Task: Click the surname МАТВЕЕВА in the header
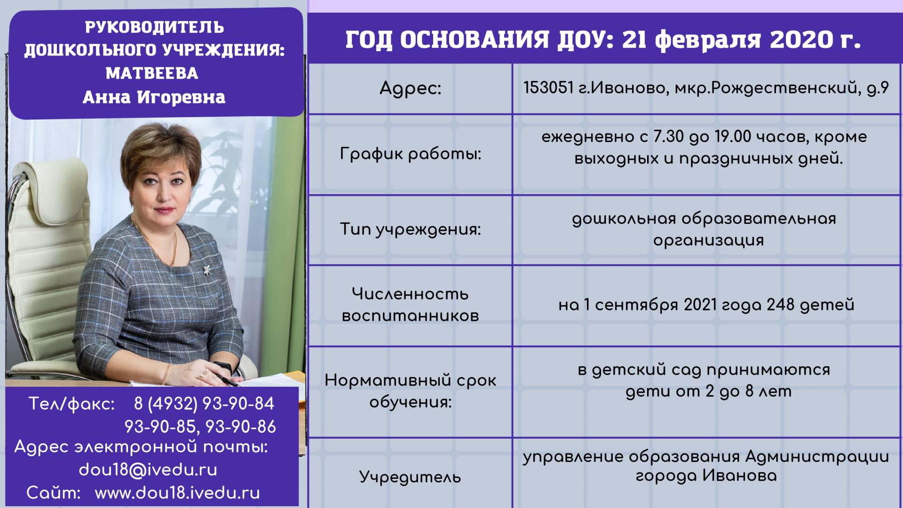tap(152, 73)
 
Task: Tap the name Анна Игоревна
tap(154, 97)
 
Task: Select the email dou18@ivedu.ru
tap(148, 470)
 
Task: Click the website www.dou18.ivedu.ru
tap(177, 493)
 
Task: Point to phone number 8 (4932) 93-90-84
tap(204, 404)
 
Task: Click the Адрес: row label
tap(411, 88)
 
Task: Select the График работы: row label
tap(411, 154)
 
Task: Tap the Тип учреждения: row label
tap(411, 230)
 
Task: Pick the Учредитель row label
tap(411, 477)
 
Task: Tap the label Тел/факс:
tap(71, 404)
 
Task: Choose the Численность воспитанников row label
tap(411, 305)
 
